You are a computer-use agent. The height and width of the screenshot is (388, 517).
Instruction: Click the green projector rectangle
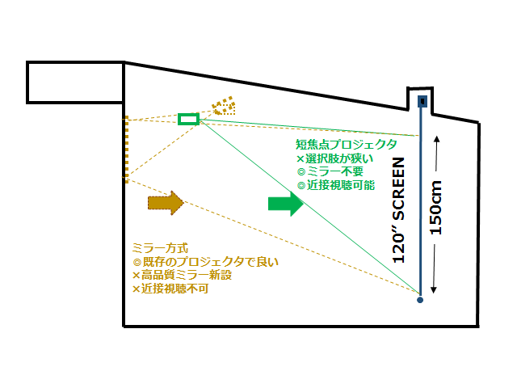[x=188, y=120]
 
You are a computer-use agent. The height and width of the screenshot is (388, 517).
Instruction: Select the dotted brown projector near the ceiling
[x=222, y=107]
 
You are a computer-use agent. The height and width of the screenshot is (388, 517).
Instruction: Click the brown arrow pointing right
[x=165, y=202]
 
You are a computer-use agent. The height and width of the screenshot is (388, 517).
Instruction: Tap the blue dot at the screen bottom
[x=420, y=301]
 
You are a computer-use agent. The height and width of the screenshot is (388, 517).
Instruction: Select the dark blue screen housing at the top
[x=422, y=101]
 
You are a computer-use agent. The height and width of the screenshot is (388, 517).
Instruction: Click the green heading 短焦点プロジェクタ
[x=345, y=144]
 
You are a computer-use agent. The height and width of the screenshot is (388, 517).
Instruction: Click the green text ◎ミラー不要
[x=330, y=171]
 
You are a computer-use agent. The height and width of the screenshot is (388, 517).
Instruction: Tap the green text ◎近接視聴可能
[x=335, y=185]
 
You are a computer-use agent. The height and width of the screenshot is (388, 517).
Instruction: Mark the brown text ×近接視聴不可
[x=170, y=288]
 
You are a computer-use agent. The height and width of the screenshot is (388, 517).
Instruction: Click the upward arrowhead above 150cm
[x=437, y=139]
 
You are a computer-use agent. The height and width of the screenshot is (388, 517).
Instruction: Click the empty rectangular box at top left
[x=74, y=82]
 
